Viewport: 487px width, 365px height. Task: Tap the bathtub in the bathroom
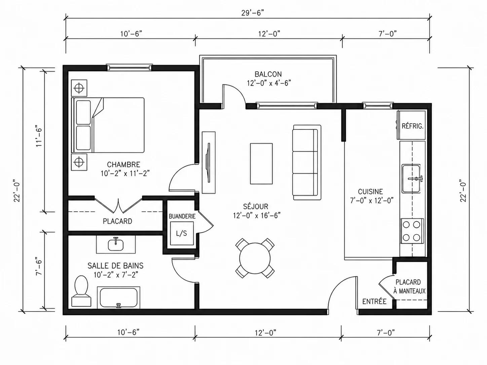(x=118, y=297)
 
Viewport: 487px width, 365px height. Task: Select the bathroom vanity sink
(x=116, y=245)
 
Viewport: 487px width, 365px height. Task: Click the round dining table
(x=255, y=258)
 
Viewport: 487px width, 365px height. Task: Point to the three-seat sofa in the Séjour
(x=307, y=162)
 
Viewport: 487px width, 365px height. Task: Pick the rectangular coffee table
(x=261, y=164)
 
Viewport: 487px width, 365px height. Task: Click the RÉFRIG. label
(x=413, y=126)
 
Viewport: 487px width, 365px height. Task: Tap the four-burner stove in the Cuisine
(x=412, y=231)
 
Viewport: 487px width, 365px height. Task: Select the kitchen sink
(x=411, y=178)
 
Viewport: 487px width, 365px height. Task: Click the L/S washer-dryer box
(x=182, y=233)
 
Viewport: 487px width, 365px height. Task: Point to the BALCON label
(x=268, y=74)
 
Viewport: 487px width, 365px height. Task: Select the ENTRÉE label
(x=375, y=301)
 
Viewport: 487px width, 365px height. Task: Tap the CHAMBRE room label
(x=123, y=164)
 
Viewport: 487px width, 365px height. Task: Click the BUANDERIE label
(x=182, y=216)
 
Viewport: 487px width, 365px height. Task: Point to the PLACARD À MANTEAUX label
(x=409, y=287)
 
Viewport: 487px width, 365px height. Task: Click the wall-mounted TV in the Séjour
(x=209, y=162)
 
